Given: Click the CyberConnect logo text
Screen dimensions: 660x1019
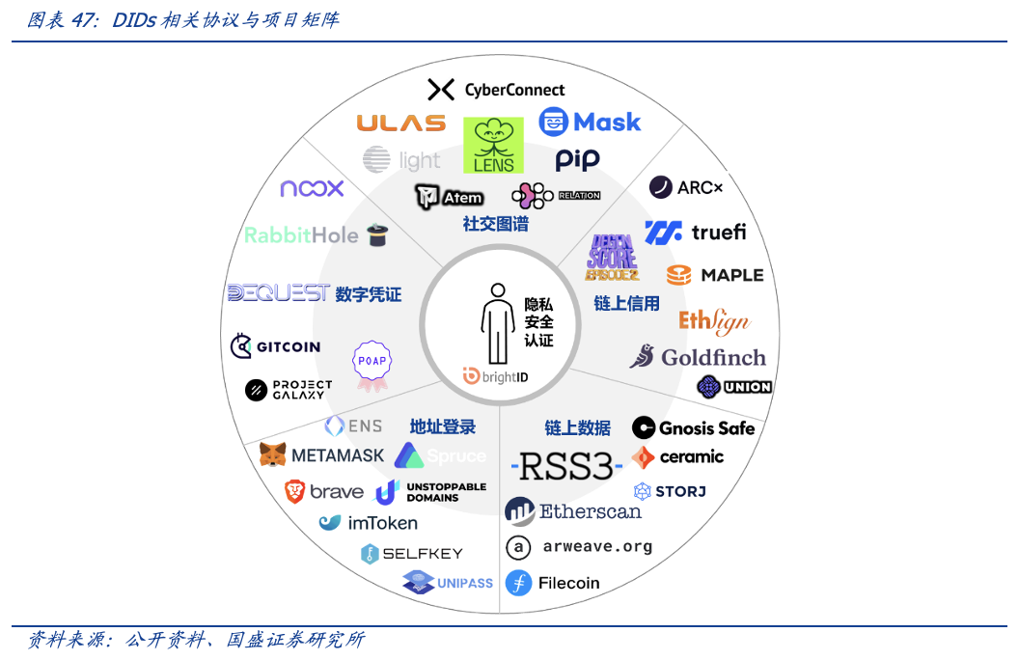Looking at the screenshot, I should tap(514, 90).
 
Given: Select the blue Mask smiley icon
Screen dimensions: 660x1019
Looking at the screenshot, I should tap(554, 122).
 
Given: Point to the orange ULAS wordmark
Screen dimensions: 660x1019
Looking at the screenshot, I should tap(400, 123).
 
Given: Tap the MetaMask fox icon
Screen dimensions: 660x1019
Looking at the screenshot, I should tap(273, 454).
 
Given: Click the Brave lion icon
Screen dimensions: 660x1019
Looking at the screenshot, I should tap(294, 491).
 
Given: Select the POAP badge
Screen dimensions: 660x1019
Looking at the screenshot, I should tap(372, 364).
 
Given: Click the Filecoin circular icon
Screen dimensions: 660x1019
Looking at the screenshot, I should tap(519, 583).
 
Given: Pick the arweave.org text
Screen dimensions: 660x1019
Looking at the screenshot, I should tap(597, 546).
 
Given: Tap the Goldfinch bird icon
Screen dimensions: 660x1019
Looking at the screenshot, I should tap(643, 356).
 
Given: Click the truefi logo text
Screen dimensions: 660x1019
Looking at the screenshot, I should tap(718, 232).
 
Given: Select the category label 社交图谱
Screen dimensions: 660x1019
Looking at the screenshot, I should tap(495, 224).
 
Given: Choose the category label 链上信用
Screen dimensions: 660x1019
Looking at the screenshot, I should tap(626, 303).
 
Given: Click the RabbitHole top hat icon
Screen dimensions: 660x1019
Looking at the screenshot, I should tap(377, 234).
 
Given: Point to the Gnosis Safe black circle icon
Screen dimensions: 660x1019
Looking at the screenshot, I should tap(644, 427).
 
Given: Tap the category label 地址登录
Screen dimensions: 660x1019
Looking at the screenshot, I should tap(443, 426).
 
